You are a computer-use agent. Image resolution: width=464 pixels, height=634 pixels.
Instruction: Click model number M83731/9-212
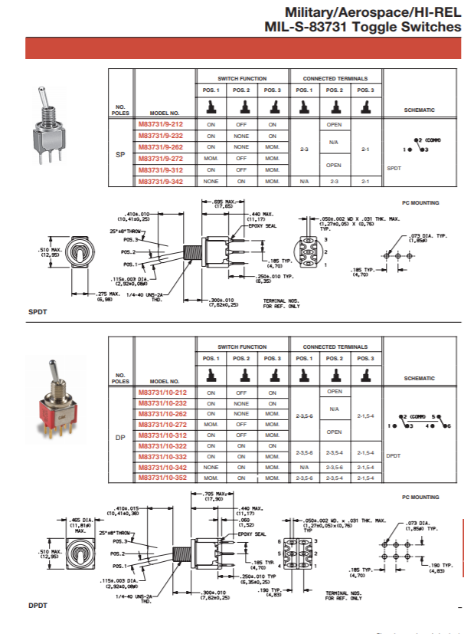[160, 123]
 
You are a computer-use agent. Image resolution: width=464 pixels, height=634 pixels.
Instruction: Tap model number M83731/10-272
[162, 424]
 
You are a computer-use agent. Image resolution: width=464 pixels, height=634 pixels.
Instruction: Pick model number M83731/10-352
[162, 478]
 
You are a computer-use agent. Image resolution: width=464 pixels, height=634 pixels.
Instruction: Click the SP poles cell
[119, 154]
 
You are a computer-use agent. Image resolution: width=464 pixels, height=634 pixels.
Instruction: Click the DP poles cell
[119, 438]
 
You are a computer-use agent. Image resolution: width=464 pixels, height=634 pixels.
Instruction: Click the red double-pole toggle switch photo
[51, 406]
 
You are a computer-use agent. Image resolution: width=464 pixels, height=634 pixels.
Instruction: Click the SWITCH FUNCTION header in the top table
[241, 78]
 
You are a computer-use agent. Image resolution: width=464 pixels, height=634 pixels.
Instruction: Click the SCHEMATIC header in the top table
[419, 110]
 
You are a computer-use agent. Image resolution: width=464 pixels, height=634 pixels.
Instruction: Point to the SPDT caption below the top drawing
[38, 313]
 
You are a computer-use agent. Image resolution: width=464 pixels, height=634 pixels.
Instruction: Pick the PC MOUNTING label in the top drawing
[420, 202]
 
